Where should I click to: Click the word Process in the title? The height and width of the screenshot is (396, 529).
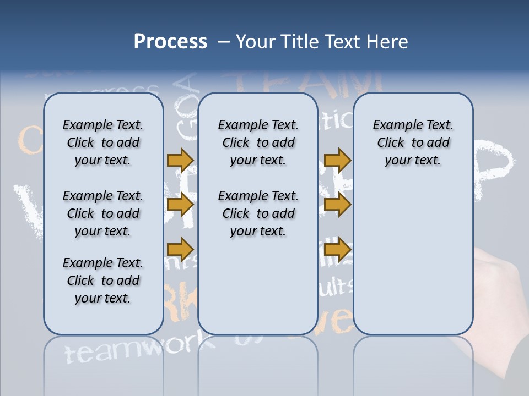(x=170, y=42)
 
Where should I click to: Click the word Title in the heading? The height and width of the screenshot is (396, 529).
(x=298, y=42)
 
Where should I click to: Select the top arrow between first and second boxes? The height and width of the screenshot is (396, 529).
(x=180, y=160)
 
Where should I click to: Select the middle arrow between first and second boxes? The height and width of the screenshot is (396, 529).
(x=180, y=205)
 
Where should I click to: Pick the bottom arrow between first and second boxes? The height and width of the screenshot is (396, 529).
(x=180, y=249)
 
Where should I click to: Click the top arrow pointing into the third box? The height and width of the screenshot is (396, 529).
(x=337, y=160)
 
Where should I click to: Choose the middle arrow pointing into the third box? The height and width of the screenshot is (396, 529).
(x=337, y=204)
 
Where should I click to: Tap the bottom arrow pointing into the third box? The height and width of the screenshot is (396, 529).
(x=337, y=249)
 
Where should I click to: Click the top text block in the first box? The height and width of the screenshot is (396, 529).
(x=103, y=142)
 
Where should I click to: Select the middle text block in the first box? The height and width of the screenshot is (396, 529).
(x=103, y=213)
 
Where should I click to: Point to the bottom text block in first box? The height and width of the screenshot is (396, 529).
(x=103, y=280)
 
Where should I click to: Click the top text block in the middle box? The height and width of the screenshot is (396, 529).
(x=258, y=142)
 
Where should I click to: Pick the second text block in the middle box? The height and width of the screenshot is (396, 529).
(x=258, y=213)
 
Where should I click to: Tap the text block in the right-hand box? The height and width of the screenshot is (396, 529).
(x=413, y=142)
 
